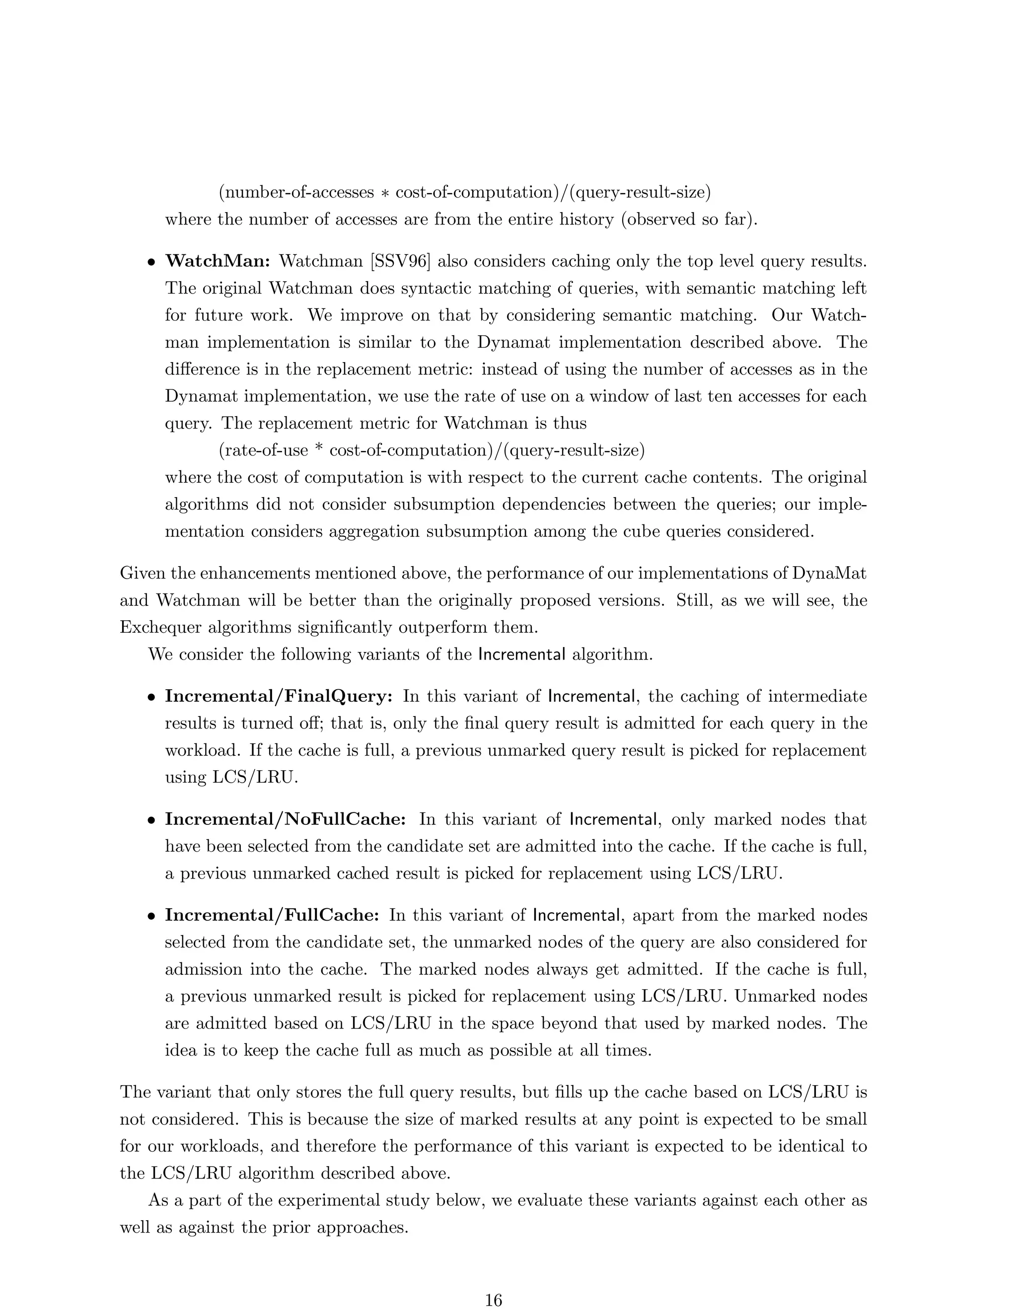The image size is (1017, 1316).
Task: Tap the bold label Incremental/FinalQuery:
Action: [x=279, y=697]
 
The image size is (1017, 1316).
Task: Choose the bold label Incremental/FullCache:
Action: [x=272, y=915]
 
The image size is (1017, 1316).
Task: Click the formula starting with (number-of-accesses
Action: [x=464, y=193]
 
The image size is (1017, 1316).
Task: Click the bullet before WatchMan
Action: [x=152, y=263]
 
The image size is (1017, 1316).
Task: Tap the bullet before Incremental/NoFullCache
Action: [x=152, y=821]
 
